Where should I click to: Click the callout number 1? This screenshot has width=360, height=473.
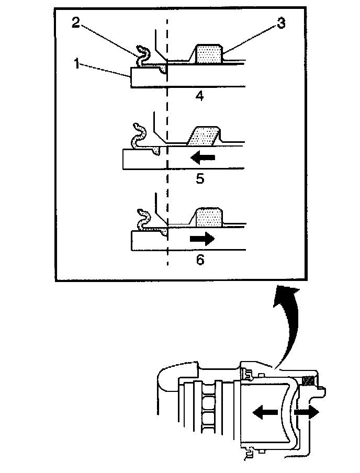(x=76, y=65)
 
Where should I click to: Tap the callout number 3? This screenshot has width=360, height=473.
(x=282, y=24)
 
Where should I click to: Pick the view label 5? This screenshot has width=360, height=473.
(x=200, y=178)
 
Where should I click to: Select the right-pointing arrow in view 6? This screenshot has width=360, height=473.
(x=201, y=239)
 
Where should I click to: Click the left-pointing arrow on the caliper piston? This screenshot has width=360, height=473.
(x=264, y=412)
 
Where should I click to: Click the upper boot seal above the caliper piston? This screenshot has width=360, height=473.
(x=246, y=374)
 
